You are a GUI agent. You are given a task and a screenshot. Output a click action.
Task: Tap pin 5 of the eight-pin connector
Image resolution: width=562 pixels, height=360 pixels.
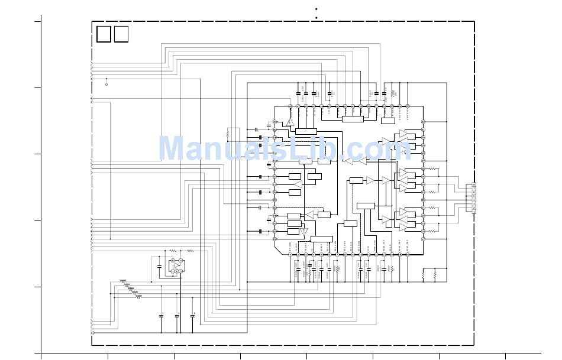pyautogui.click(x=474, y=196)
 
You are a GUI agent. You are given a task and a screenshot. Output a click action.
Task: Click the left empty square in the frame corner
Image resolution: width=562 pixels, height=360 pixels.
pyautogui.click(x=104, y=34)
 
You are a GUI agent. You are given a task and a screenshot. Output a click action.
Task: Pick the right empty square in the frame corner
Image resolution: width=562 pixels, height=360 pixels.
pyautogui.click(x=121, y=34)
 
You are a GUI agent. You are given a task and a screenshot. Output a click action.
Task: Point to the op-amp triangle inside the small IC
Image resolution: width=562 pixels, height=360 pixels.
pyautogui.click(x=176, y=265)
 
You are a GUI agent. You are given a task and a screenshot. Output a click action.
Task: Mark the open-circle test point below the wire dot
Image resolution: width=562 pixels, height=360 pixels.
pyautogui.click(x=106, y=85)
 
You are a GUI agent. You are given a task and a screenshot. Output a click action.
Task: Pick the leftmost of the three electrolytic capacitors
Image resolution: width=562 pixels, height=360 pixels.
pyautogui.click(x=162, y=316)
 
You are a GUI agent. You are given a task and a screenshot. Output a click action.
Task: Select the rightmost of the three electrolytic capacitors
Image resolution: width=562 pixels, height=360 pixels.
pyautogui.click(x=192, y=316)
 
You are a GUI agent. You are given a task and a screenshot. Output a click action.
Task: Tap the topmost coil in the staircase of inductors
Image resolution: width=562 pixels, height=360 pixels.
pyautogui.click(x=123, y=281)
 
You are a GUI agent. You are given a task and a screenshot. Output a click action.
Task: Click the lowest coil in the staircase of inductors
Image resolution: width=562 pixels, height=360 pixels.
pyautogui.click(x=138, y=297)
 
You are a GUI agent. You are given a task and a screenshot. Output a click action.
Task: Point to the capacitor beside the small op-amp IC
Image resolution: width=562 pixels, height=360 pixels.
pyautogui.click(x=159, y=267)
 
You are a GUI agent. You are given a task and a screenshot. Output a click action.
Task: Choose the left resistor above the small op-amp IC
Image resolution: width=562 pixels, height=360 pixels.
pyautogui.click(x=173, y=251)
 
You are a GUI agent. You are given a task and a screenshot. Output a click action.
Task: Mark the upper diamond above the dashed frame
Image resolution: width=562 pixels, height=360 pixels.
pyautogui.click(x=316, y=9)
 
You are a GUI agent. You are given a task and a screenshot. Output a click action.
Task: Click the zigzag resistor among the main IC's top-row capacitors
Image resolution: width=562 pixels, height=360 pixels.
pyautogui.click(x=392, y=93)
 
